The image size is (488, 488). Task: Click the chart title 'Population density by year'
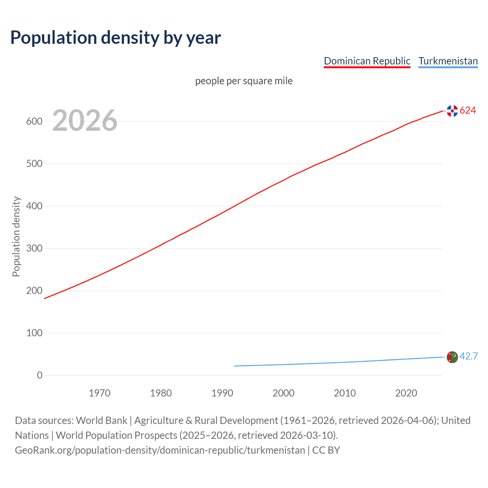point(116,37)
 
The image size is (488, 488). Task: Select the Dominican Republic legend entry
point(367,61)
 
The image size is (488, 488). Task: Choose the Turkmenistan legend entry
point(448,61)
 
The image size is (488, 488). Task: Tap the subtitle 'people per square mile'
point(244,81)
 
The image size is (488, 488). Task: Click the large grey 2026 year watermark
point(85,120)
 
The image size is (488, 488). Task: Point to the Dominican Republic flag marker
point(452,111)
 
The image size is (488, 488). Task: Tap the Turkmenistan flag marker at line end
point(452,357)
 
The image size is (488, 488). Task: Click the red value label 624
point(468,111)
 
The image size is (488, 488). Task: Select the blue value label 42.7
point(469,356)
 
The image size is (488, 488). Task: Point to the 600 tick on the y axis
point(34,122)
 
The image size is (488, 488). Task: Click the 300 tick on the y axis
point(34,249)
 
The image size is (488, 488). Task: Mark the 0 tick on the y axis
point(40,376)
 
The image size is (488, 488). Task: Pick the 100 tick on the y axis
point(34,333)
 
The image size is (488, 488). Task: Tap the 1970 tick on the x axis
point(100,393)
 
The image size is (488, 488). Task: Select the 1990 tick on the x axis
point(222,393)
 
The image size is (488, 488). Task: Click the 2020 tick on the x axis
point(406,393)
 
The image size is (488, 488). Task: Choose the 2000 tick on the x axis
point(283,393)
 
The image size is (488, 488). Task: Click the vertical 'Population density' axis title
point(16,236)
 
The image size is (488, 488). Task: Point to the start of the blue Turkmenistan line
point(235,366)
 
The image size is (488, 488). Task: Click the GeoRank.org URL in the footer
point(160,450)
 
